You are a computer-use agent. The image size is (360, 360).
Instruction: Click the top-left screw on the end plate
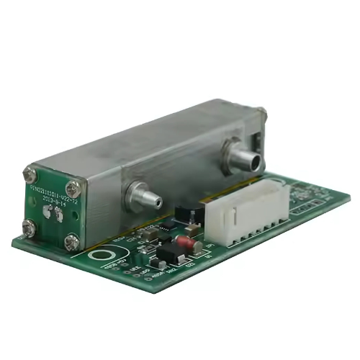pos(30,174)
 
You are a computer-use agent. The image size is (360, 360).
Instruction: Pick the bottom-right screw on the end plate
pos(71,243)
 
